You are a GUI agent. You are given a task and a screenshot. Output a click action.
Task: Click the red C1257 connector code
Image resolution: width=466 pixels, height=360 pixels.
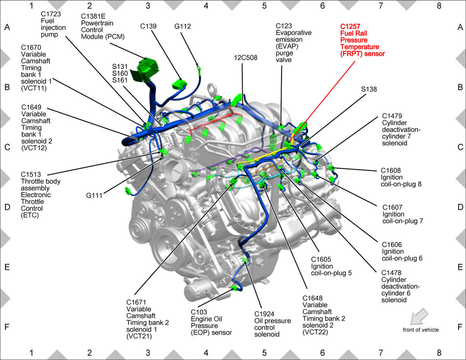pos(350,26)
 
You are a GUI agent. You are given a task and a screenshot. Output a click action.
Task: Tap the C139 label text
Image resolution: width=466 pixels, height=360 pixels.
pos(148,26)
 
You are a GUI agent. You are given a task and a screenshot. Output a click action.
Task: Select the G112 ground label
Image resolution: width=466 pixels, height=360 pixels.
pos(183,26)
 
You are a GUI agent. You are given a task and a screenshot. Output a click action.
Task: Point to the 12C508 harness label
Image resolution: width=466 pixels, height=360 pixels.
pos(245,58)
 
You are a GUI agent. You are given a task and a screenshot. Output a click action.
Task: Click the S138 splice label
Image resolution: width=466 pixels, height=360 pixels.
pos(369,89)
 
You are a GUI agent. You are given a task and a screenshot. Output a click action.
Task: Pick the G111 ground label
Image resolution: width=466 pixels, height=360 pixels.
pos(94,196)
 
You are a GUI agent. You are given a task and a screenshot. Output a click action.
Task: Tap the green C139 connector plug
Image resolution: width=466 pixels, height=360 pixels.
pos(179,84)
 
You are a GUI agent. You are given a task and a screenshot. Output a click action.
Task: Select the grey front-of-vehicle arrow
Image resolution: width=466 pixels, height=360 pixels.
pos(419,317)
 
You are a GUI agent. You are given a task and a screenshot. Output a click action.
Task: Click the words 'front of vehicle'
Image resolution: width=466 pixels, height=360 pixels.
pos(421,330)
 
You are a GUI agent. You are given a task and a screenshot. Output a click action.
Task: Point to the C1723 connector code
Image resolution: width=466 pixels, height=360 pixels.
pos(51,14)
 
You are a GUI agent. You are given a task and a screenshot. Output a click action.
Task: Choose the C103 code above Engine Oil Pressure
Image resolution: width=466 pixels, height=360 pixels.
pos(199,312)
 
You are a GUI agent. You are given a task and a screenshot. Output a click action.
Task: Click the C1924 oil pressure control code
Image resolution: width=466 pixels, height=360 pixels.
pos(264,314)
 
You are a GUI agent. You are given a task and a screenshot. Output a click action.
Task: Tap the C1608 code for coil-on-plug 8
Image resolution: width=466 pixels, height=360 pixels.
pos(391,170)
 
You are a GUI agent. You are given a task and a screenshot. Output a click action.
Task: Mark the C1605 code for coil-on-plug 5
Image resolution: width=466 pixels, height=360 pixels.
pos(321,259)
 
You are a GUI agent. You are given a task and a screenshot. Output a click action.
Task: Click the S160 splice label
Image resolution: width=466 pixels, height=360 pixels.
pos(120,73)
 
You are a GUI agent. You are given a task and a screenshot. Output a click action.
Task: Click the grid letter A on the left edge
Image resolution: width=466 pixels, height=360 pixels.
pos(7,27)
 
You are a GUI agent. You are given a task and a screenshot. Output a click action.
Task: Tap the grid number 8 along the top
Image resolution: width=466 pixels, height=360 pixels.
pos(439,6)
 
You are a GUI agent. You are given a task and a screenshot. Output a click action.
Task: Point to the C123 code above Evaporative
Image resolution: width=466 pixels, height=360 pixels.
pos(284,26)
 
